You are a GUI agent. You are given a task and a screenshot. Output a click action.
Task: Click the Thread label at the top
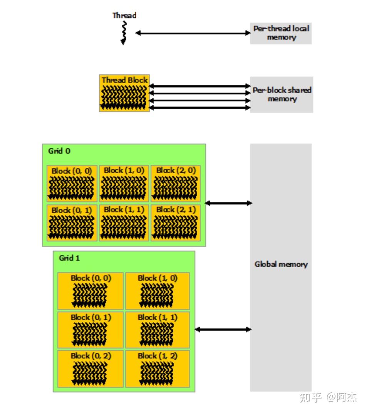[124, 15]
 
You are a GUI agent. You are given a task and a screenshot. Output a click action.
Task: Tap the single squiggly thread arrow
[123, 32]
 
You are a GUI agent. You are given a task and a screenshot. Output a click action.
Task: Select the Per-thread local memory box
[281, 33]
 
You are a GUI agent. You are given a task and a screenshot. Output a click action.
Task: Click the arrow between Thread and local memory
[193, 33]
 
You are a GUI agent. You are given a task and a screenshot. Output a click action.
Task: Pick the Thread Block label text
[124, 80]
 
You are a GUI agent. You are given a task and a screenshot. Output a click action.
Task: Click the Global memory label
[281, 265]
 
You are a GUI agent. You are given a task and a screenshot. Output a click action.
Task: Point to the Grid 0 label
[59, 151]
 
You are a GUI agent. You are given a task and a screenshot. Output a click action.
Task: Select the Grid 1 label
[69, 258]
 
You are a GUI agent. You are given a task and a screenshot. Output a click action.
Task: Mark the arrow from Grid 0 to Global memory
[228, 203]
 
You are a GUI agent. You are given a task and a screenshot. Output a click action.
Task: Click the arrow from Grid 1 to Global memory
[223, 329]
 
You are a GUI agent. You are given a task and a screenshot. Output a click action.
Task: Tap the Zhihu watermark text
[328, 397]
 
